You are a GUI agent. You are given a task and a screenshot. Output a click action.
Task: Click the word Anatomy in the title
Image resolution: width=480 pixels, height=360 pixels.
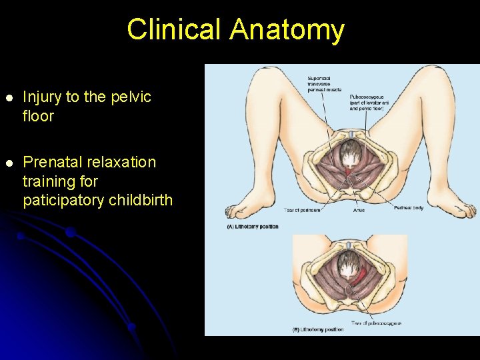tap(287, 30)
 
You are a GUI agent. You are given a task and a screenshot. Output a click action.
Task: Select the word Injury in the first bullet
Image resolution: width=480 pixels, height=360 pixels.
tap(42, 97)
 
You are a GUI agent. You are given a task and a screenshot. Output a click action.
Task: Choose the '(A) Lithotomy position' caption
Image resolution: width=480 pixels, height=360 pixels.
tap(253, 227)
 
